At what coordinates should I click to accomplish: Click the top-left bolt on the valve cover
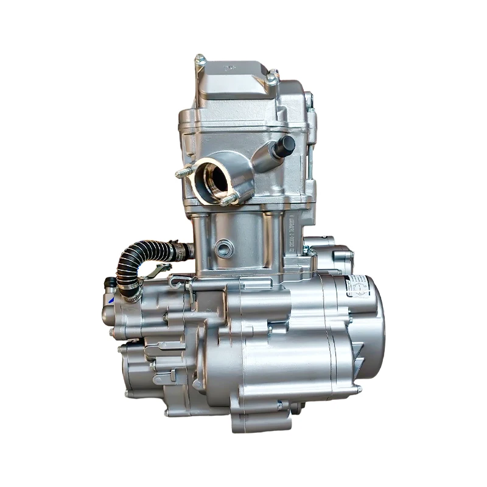point(200,60)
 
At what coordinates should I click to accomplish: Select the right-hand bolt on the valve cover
point(272,78)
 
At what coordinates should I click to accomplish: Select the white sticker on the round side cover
point(357,285)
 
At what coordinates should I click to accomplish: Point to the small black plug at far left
point(110,282)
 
